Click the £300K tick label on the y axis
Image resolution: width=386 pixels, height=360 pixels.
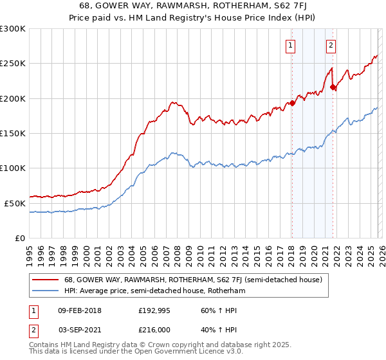(13, 29)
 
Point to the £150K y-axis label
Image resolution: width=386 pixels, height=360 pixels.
(13, 133)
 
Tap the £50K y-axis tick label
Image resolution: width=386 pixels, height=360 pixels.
(15, 203)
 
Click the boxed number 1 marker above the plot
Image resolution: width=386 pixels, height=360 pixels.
(291, 45)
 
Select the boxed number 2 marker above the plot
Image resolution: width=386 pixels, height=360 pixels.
(331, 45)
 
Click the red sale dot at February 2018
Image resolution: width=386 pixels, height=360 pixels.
(292, 103)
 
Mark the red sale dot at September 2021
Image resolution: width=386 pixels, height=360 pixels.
(333, 87)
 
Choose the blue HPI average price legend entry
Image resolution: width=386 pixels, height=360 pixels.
(154, 291)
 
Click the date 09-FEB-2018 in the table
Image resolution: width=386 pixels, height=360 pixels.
(79, 310)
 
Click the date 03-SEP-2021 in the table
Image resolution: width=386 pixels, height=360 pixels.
(79, 329)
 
